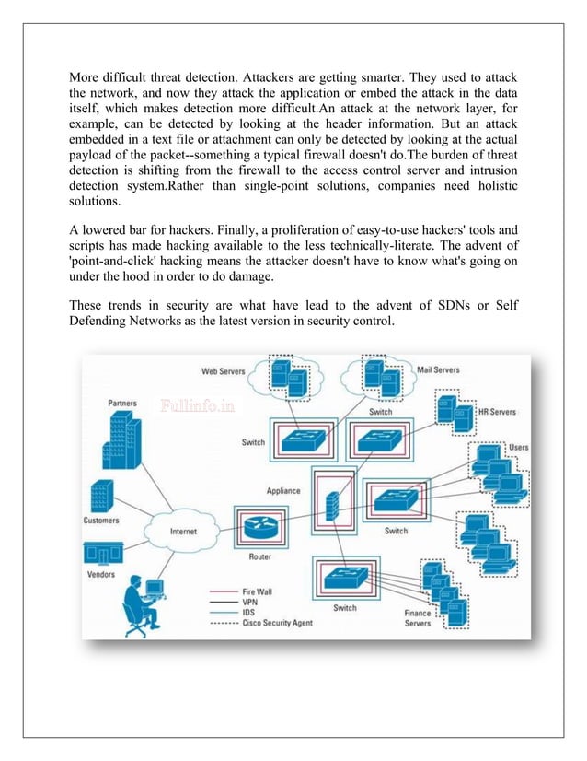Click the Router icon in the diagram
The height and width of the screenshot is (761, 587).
click(260, 527)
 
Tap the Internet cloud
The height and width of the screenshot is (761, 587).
click(183, 532)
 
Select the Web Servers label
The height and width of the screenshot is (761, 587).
click(224, 371)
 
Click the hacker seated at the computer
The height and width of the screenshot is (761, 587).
click(140, 604)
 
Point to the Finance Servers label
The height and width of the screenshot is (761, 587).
click(418, 618)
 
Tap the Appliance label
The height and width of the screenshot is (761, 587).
click(283, 491)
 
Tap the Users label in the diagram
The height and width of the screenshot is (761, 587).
click(518, 448)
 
